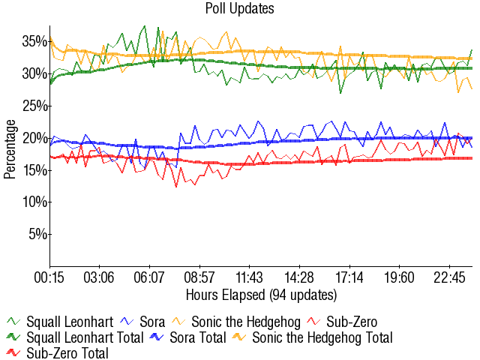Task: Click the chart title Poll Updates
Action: point(240,9)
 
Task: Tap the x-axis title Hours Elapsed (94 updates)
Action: point(261,294)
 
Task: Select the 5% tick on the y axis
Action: point(37,234)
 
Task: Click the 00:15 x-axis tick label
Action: point(50,277)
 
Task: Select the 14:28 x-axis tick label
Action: point(299,277)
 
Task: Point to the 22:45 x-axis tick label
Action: point(448,277)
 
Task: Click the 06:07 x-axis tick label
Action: point(149,277)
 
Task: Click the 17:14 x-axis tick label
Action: point(349,277)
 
